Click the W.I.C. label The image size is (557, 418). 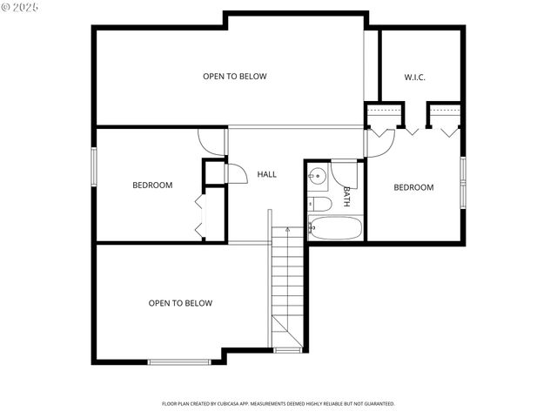(x=413, y=77)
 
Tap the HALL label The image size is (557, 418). (x=267, y=174)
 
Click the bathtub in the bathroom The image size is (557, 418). (x=335, y=229)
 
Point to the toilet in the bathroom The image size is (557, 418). (x=319, y=204)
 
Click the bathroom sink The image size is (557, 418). (x=318, y=176)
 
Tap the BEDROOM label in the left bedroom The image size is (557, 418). (x=152, y=185)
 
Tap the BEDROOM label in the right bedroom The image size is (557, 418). (x=413, y=187)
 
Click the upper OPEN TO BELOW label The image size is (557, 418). (x=235, y=77)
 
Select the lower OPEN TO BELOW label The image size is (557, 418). (x=180, y=303)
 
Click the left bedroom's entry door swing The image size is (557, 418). (x=211, y=142)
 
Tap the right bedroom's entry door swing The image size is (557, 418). (x=380, y=143)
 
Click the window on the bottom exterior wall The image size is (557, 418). (x=179, y=361)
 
